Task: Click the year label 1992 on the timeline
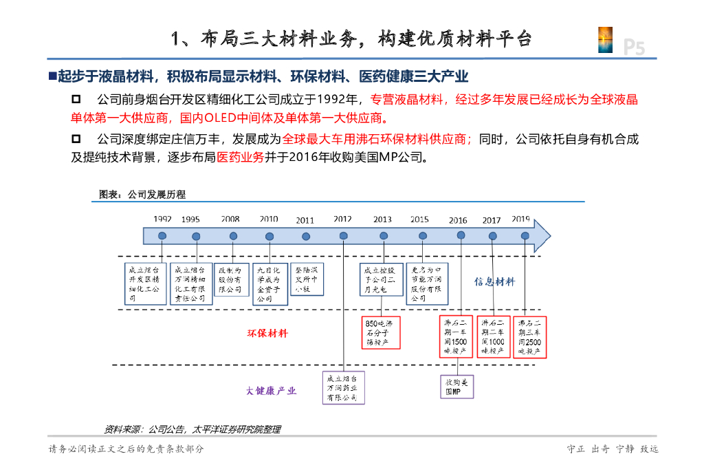[162, 219]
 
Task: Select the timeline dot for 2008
[233, 236]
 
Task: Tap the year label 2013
[382, 220]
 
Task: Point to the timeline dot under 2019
[525, 236]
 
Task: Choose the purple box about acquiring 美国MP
[457, 386]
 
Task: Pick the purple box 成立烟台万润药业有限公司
[343, 388]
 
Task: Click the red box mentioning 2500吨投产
[529, 336]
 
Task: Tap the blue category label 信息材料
[494, 281]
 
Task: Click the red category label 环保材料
[267, 334]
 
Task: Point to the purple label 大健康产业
[272, 391]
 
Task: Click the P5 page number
[634, 47]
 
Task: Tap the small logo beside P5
[606, 40]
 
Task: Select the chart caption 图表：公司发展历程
[142, 195]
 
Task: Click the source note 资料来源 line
[192, 429]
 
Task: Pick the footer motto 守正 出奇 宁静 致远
[612, 449]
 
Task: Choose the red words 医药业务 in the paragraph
[240, 157]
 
